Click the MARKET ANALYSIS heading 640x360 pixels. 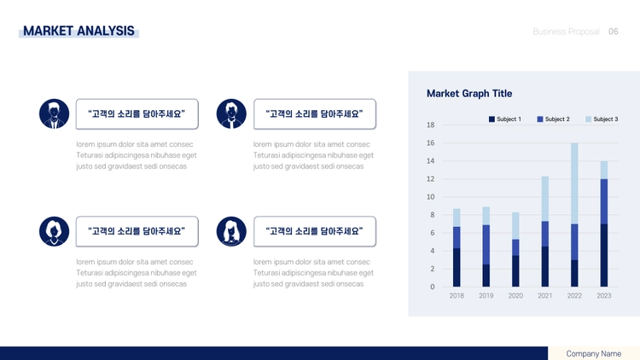pos(79,31)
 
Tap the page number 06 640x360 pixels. pos(613,32)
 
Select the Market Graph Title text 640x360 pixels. pos(469,94)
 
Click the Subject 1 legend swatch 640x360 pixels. pos(492,119)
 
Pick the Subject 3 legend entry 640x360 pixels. pos(602,119)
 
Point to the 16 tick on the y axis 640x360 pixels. pos(431,142)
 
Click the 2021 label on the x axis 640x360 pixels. pos(545,295)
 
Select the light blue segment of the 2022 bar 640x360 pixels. pos(574,183)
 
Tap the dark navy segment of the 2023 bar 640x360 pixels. pos(603,255)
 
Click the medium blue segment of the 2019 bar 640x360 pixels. pos(486,245)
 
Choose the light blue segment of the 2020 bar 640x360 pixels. pos(515,226)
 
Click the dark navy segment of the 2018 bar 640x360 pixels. pos(457,267)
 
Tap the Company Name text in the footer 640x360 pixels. pos(593,354)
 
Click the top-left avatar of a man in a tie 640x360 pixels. pos(54,113)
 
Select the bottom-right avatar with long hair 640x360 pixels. pos(231,231)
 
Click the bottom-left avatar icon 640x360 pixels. pos(54,231)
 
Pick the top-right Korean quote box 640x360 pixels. pos(315,113)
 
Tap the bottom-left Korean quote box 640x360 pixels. pos(137,231)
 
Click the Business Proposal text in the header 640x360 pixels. pos(566,32)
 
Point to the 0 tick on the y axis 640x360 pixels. pos(433,287)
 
